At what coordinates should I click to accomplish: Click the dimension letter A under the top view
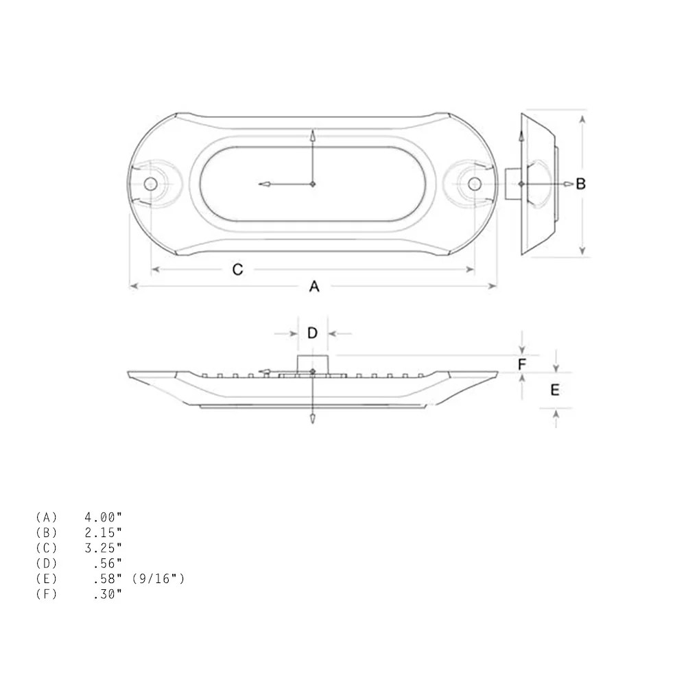314,287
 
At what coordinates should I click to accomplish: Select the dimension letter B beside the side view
580,184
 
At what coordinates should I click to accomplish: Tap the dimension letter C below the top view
237,270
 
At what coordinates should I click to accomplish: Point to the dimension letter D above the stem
312,333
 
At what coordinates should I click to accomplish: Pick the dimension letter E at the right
555,390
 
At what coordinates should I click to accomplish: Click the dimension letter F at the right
522,364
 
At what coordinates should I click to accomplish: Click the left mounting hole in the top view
150,183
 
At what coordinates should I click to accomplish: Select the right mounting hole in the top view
474,183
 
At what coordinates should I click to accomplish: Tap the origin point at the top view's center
313,184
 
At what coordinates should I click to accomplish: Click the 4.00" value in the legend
103,517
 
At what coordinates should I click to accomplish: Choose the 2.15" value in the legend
103,532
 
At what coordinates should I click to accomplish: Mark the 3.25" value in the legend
103,547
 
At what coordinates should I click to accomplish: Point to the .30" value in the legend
107,594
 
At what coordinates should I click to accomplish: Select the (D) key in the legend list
47,563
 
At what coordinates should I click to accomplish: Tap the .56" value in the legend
107,563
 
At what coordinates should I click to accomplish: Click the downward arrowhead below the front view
313,418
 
